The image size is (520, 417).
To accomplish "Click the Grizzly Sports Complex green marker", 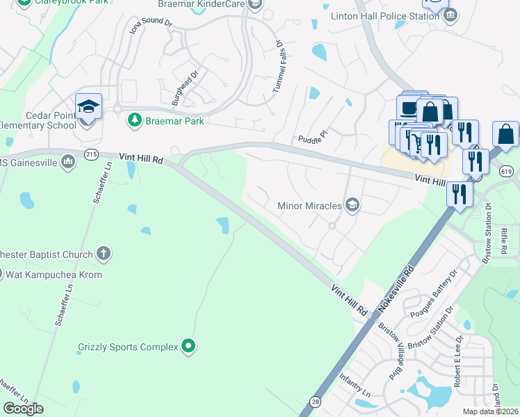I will (x=188, y=346).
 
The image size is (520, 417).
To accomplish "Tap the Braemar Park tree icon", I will (x=134, y=120).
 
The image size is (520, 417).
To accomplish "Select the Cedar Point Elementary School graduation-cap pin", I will (x=88, y=108).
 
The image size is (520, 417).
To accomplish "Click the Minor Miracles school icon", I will (x=353, y=205).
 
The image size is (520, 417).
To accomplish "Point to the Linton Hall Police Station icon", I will (x=450, y=15).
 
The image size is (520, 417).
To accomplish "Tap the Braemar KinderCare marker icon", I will (x=255, y=5).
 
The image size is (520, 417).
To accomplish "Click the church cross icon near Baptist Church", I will (x=104, y=254).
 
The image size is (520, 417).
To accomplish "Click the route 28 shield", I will (x=315, y=402).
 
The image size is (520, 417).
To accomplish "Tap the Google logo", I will (x=23, y=408).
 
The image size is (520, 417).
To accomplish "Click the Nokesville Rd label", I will (x=397, y=291).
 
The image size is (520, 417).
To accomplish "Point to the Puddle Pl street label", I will (x=311, y=133).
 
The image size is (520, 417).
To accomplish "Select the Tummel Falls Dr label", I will (x=279, y=68).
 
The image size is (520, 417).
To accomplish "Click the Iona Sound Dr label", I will (x=151, y=26).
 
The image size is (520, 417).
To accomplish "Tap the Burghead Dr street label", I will (x=185, y=82).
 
